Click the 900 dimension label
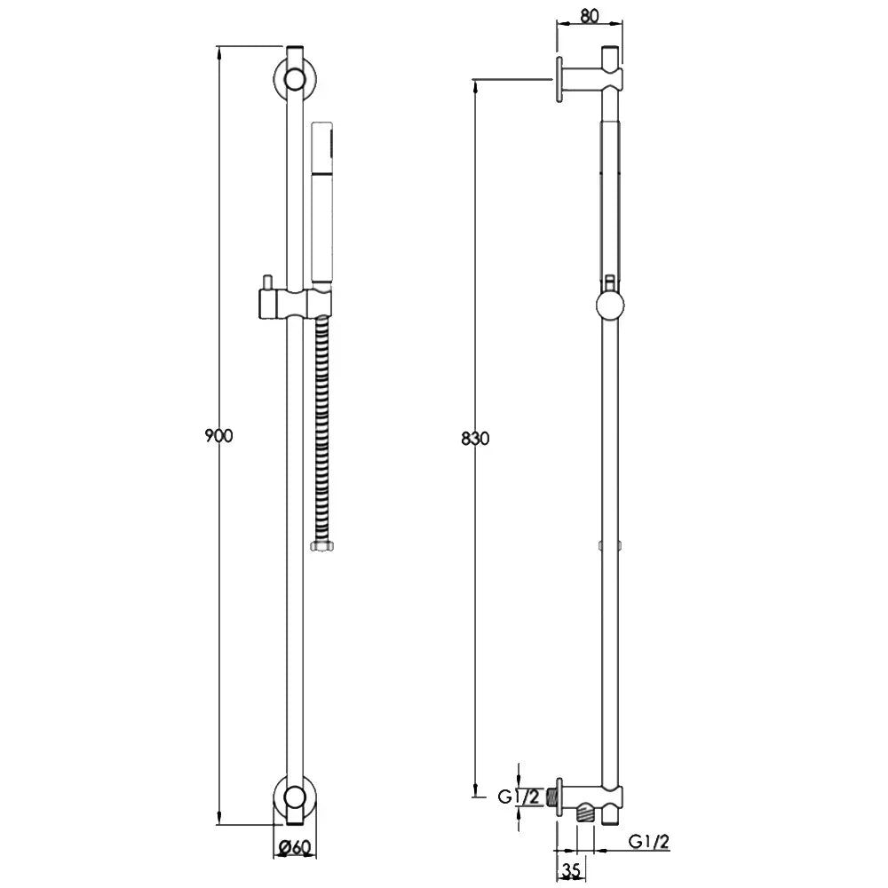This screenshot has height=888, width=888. click(218, 436)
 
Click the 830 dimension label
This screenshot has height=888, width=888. click(475, 439)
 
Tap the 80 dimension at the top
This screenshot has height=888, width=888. click(589, 16)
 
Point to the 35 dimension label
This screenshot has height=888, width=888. click(571, 868)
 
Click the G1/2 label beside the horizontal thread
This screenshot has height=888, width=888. click(519, 797)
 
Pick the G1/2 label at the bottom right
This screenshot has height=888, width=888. click(649, 842)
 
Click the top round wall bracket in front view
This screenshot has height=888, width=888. click(295, 79)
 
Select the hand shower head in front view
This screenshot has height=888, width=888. click(321, 204)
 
